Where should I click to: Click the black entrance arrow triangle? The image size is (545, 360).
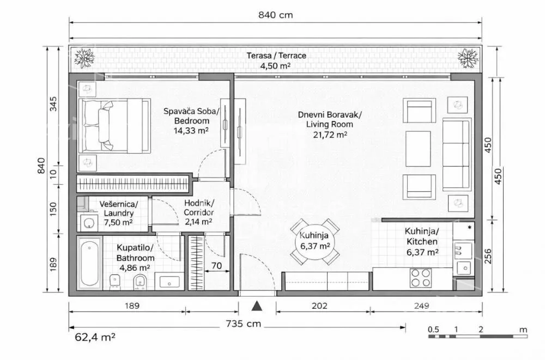click(257, 306)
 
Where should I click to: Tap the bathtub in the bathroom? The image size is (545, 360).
click(89, 263)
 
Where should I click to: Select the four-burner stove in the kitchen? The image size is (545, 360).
click(421, 278)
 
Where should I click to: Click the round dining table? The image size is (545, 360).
click(315, 241)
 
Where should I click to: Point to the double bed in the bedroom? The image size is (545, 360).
click(114, 125)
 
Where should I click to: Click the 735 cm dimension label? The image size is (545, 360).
click(243, 324)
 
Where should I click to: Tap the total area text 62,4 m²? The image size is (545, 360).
click(95, 337)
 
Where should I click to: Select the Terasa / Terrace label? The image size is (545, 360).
click(276, 56)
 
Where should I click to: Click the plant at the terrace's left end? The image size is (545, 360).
click(84, 58)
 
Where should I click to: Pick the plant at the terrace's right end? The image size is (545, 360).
click(468, 58)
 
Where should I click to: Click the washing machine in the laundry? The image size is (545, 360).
click(89, 223)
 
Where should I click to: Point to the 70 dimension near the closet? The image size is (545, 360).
click(216, 266)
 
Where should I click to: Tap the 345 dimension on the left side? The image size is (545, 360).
click(53, 103)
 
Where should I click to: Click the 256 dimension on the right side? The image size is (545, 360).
click(488, 256)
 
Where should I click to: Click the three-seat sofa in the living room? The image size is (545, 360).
click(457, 154)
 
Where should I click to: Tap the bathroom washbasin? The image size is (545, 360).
click(169, 282)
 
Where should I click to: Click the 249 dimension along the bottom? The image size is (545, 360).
click(421, 306)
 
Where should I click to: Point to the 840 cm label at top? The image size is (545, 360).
click(276, 15)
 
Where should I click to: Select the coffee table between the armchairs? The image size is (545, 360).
click(418, 149)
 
